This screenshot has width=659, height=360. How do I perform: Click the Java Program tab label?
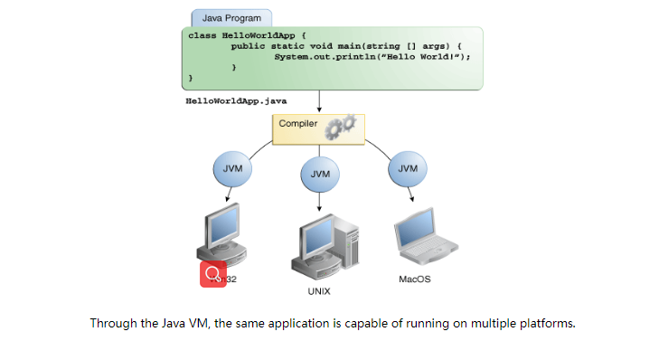tap(231, 17)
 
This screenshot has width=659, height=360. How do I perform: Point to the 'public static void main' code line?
tap(346, 45)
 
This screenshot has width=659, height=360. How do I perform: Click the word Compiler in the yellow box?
tap(297, 123)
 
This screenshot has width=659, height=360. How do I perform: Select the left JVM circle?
tap(231, 168)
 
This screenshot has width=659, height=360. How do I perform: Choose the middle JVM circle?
tap(319, 172)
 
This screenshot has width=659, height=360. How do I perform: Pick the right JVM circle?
tap(408, 168)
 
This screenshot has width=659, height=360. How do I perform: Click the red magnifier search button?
tap(213, 273)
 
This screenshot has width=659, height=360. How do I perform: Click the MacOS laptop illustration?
tap(421, 239)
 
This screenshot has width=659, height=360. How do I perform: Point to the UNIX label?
tap(318, 291)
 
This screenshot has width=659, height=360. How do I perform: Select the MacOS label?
tap(414, 279)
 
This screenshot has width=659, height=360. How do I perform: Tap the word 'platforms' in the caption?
tap(547, 323)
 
